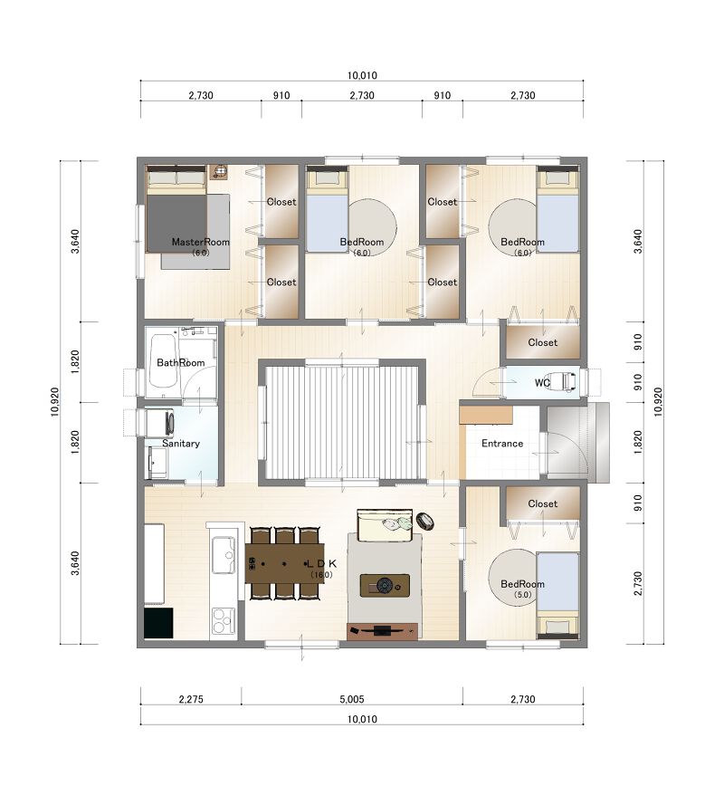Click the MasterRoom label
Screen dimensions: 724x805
click(x=200, y=242)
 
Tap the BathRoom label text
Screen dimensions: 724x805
click(x=181, y=362)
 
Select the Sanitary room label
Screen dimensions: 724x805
click(x=181, y=443)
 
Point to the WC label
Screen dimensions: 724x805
click(x=542, y=382)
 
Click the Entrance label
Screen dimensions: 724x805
click(x=502, y=443)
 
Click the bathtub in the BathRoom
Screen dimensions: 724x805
click(x=164, y=361)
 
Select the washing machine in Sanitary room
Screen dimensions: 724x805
click(x=160, y=424)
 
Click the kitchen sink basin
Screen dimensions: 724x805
click(x=224, y=554)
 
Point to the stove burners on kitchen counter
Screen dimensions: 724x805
click(x=224, y=620)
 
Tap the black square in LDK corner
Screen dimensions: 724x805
click(x=158, y=623)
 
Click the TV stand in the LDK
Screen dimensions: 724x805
click(x=382, y=630)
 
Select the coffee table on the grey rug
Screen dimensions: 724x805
click(x=385, y=585)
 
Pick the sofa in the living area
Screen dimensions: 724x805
click(x=385, y=525)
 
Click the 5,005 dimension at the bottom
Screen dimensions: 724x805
click(x=351, y=699)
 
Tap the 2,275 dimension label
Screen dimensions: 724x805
click(x=191, y=699)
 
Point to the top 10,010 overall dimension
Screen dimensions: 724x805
click(x=362, y=75)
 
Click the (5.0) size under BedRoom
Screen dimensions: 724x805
click(x=522, y=595)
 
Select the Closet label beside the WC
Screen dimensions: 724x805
click(x=542, y=342)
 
